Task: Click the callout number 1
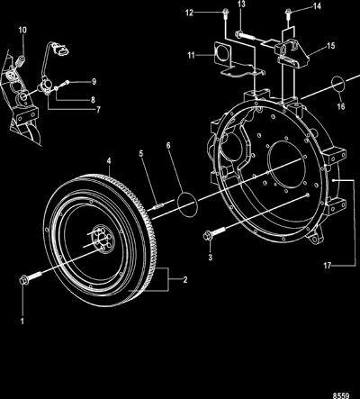click(22, 321)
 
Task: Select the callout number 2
click(185, 280)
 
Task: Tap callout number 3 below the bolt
click(211, 258)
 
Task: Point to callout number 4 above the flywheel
click(109, 161)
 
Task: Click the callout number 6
click(168, 146)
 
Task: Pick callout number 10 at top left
click(22, 30)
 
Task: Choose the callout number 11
click(191, 55)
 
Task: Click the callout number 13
click(241, 5)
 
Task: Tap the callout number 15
click(331, 46)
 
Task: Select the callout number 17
click(328, 266)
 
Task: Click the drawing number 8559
click(341, 395)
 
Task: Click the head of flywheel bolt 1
click(22, 280)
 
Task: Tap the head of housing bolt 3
click(207, 236)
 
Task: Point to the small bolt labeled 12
click(225, 13)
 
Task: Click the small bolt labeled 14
click(288, 13)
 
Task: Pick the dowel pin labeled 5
click(158, 206)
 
